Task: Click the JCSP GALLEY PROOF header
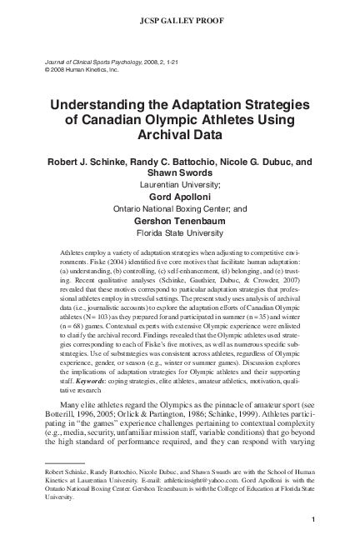179,16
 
